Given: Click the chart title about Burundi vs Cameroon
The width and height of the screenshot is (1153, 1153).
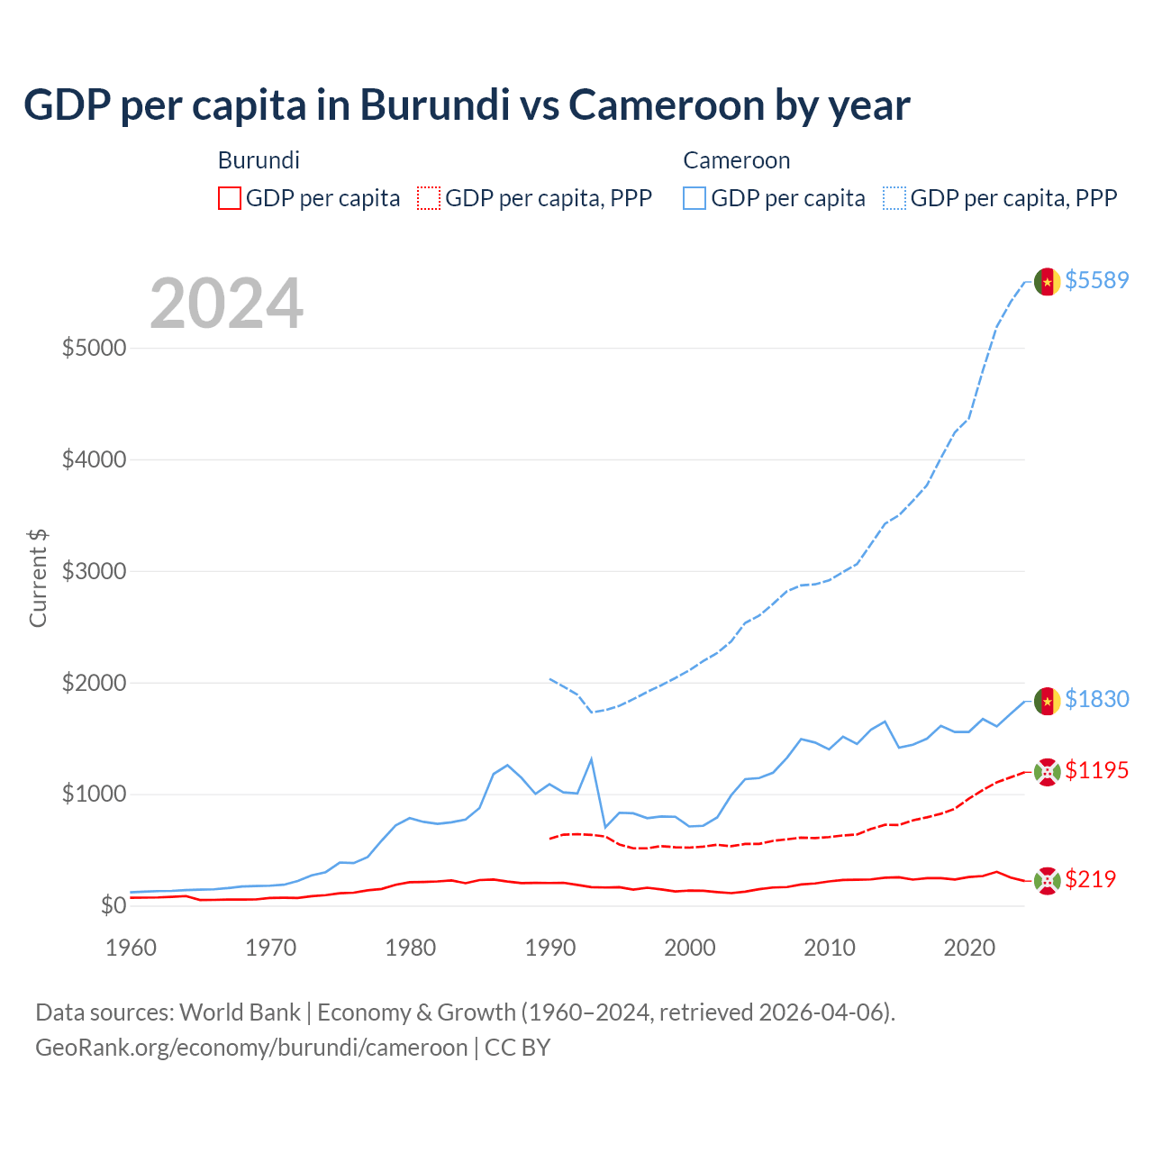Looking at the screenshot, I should coord(467,104).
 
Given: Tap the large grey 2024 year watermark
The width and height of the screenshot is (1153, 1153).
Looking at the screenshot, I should coord(226,304).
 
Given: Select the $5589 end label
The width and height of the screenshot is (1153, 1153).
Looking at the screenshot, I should coord(1096,280).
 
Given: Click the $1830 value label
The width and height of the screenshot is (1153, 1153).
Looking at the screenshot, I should coord(1096,699).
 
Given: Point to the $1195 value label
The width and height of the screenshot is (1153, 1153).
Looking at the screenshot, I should coord(1096,770).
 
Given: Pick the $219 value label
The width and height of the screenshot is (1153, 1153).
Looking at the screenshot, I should coord(1090,879).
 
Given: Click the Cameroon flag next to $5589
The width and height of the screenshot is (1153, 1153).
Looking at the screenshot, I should coord(1047,282).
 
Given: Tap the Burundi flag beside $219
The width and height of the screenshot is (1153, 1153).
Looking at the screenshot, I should coord(1047,881).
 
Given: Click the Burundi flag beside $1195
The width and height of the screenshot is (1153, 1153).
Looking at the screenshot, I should coord(1047,772).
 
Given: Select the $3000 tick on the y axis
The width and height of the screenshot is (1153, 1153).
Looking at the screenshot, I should coord(94,571).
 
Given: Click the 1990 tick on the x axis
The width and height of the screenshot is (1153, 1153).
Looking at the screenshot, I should coord(549,948).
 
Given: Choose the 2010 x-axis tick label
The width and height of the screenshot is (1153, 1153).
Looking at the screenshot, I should coord(829,948).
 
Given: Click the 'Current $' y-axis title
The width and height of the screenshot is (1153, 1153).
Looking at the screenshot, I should coord(38,577).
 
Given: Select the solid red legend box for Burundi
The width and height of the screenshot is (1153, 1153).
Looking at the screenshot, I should coord(230,198).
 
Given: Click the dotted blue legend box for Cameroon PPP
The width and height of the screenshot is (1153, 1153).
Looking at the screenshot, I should coord(894,198).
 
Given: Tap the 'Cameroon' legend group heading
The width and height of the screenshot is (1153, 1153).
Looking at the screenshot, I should coord(736,160).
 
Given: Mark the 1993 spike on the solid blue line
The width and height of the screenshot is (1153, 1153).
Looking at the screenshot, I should coord(591,758).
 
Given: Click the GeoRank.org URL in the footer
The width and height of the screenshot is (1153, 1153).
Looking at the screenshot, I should coord(251,1048).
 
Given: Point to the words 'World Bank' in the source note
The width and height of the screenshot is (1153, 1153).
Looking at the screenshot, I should coord(240,1012).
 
